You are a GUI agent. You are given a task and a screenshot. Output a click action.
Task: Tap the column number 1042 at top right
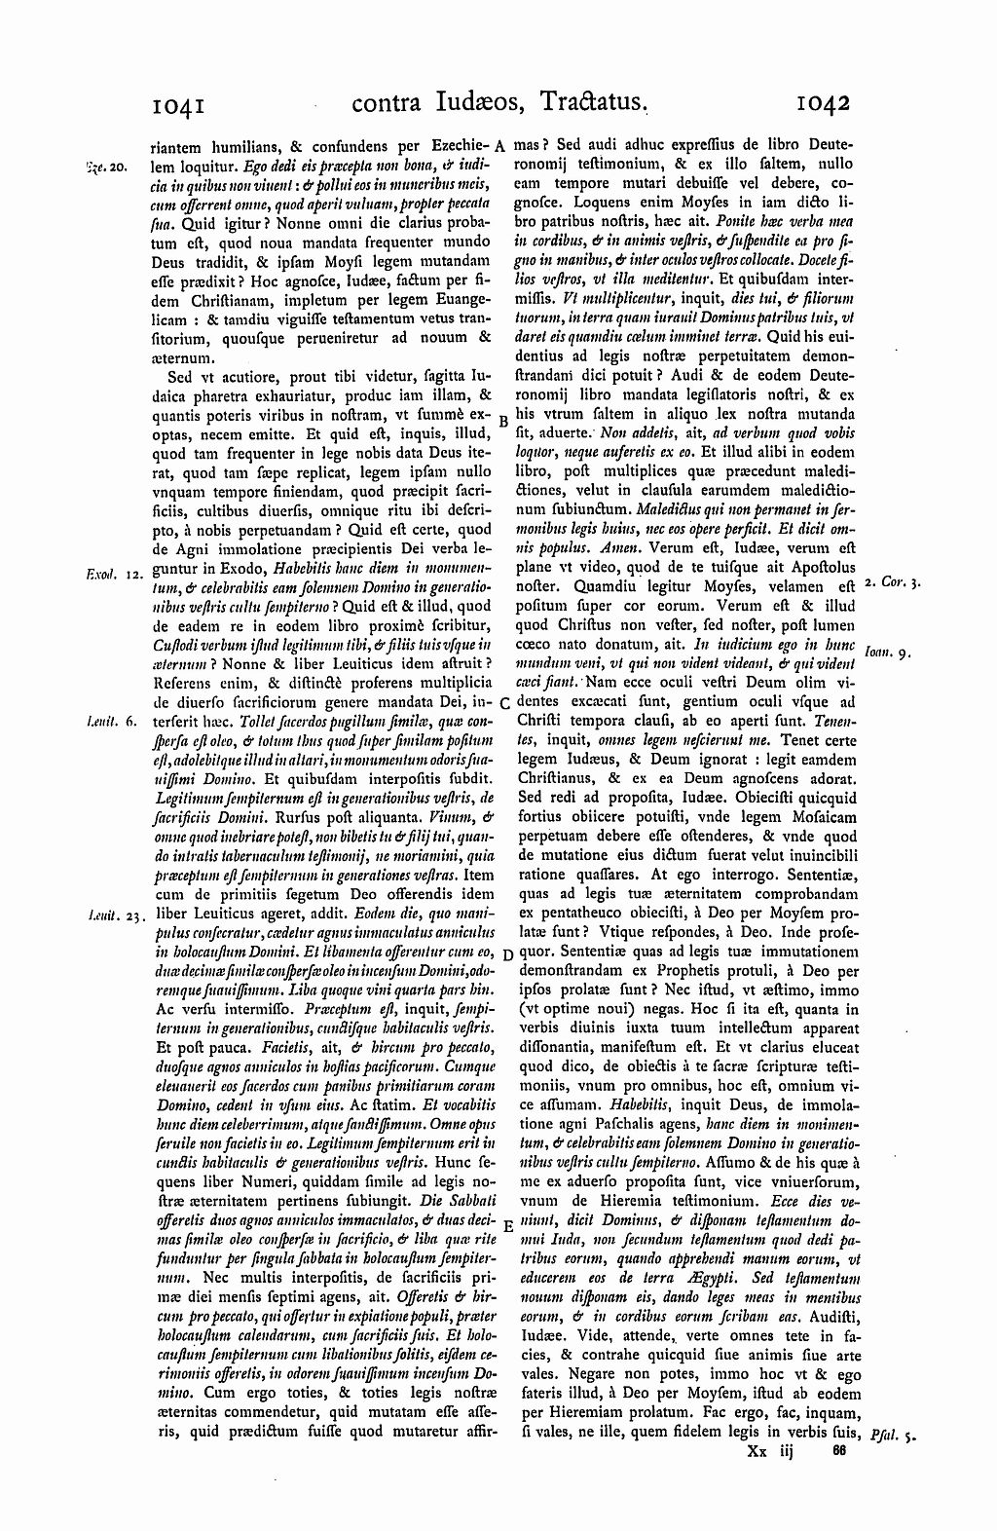click(823, 102)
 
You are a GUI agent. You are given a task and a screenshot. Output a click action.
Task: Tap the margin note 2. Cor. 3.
click(893, 582)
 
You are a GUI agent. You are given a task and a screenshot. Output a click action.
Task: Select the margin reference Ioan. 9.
click(884, 653)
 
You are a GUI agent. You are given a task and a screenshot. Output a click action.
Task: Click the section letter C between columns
click(504, 703)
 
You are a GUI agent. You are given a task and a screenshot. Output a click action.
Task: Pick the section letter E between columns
click(506, 1228)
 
